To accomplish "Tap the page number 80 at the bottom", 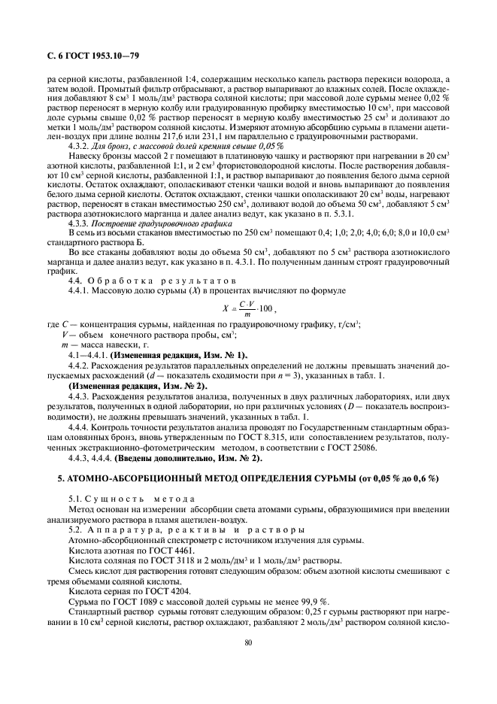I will coord(248,642).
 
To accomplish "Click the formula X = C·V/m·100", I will coord(249,308).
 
